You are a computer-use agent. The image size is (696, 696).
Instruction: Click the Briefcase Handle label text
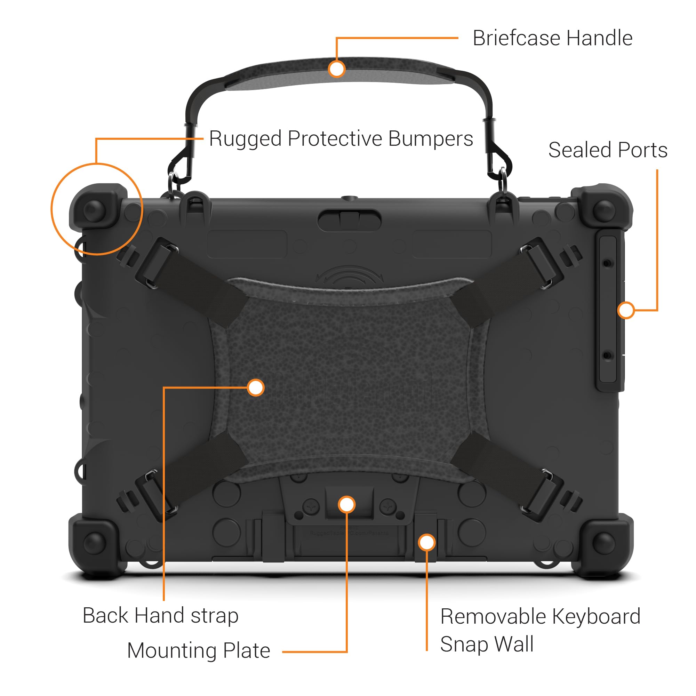[552, 38]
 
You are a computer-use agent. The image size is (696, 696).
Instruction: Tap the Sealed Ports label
[608, 150]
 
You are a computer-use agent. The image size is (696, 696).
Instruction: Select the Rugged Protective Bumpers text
[341, 139]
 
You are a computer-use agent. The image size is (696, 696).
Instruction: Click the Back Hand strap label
[160, 615]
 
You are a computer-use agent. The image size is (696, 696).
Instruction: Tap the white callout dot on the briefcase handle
[336, 69]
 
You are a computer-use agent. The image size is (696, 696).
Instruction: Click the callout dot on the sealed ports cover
[626, 310]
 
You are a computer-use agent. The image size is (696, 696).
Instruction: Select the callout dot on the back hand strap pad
[256, 387]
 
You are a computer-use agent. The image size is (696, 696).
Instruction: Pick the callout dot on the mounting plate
[346, 504]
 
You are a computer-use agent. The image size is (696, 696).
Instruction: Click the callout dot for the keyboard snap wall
[427, 543]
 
